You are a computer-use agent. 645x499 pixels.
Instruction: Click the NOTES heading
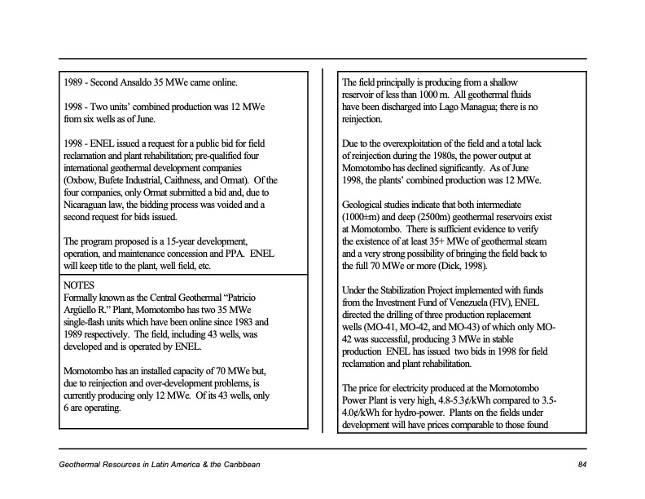point(78,285)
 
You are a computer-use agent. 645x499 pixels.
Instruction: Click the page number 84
point(581,464)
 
